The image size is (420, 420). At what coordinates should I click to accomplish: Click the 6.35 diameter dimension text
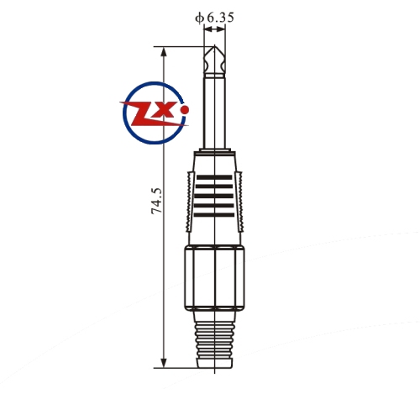[x=220, y=18]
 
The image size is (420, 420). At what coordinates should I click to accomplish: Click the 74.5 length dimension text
[x=157, y=201]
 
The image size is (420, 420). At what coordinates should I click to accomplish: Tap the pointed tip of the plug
[x=214, y=45]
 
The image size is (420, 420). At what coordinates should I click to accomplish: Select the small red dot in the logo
[x=185, y=110]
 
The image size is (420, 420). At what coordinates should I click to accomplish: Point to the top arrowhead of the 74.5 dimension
[x=164, y=52]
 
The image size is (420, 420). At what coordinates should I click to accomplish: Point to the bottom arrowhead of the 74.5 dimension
[x=164, y=362]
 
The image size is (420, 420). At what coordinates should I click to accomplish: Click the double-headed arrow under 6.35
[x=215, y=29]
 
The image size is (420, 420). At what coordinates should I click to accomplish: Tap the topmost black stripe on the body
[x=214, y=177]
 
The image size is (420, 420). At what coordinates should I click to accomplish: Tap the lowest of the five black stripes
[x=214, y=215]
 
